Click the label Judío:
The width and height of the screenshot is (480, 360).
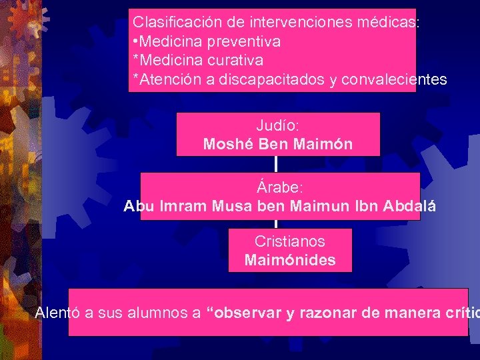[x=277, y=125]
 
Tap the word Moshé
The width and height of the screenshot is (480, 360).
[x=227, y=143]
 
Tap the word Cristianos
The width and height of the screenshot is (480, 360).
[x=289, y=241]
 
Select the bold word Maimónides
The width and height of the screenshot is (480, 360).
[x=290, y=259]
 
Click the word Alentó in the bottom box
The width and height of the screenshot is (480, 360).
[x=58, y=312]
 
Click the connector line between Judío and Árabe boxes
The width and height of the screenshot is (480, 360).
[x=275, y=164]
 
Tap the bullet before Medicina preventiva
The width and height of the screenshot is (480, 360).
[x=136, y=41]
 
